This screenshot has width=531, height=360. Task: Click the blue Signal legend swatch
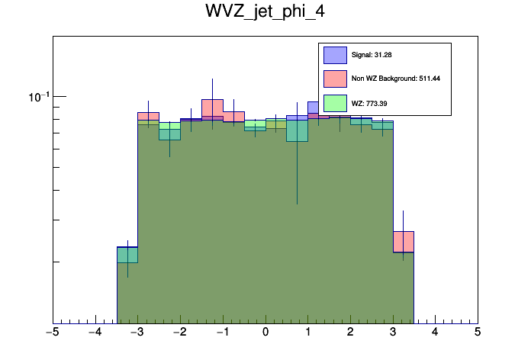335,55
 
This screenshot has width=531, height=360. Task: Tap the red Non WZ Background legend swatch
335,79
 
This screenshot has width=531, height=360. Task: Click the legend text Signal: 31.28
372,55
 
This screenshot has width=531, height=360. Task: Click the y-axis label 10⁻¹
39,97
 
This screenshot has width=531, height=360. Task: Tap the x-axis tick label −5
52,333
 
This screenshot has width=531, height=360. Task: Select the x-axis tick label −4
95,333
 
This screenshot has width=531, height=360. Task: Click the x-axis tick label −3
137,333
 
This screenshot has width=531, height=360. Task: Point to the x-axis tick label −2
179,333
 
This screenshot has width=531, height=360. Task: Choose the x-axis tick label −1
222,333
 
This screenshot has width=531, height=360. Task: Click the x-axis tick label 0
265,333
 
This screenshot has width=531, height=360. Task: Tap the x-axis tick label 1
308,333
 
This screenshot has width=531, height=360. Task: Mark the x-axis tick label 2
350,333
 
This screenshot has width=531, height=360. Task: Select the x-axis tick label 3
393,333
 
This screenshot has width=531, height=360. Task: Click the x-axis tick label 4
436,333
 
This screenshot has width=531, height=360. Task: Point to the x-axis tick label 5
478,333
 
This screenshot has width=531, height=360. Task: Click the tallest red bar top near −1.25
212,100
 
